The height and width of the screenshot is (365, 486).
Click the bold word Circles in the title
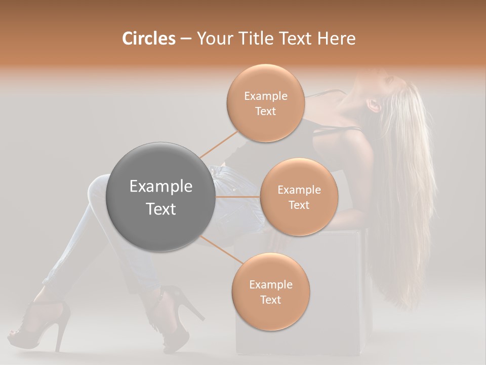[148, 39]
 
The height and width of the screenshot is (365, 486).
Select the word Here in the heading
[337, 39]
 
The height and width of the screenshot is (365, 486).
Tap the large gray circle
[161, 197]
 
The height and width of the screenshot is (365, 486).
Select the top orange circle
[265, 103]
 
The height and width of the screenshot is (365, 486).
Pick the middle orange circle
[299, 197]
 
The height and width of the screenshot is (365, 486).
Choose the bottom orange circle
[270, 292]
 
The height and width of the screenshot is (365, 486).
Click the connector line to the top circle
[219, 144]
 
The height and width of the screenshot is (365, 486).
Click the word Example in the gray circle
[161, 187]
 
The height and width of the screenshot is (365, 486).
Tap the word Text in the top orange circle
[265, 111]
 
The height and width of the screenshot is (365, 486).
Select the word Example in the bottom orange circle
[270, 284]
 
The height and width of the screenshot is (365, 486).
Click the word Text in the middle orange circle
[299, 205]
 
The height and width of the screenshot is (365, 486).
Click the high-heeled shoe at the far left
[46, 324]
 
